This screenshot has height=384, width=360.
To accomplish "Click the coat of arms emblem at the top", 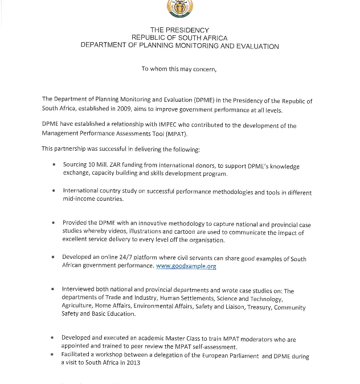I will (179, 8).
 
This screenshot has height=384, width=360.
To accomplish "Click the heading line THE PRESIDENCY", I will (179, 30).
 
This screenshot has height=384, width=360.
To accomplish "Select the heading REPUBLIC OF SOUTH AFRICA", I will (179, 38).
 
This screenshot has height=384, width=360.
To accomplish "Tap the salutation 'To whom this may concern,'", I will (179, 69).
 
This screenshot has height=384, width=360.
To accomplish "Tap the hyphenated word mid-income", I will (80, 200).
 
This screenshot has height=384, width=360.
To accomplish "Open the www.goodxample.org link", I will (186, 266).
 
